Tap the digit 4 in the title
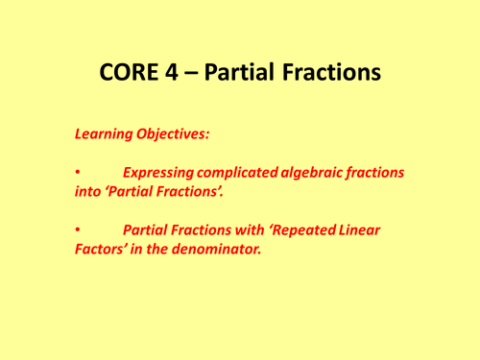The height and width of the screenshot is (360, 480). pyautogui.click(x=179, y=73)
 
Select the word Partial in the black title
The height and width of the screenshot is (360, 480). pyautogui.click(x=249, y=73)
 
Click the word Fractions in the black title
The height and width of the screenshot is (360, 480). pyautogui.click(x=337, y=73)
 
